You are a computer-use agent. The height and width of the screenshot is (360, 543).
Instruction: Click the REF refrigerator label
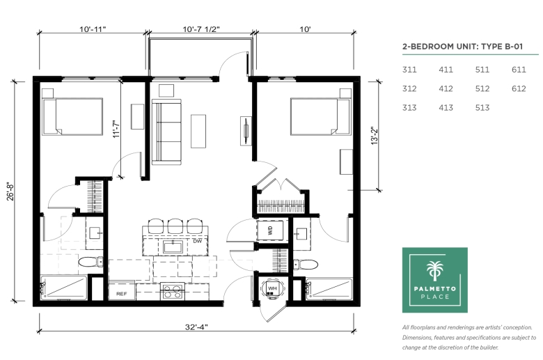pyautogui.click(x=121, y=294)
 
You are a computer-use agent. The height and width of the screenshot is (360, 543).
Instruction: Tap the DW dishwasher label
pyautogui.click(x=198, y=241)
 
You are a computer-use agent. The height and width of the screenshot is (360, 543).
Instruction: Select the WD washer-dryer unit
pyautogui.click(x=270, y=230)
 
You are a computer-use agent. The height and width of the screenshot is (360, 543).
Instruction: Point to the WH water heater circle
pyautogui.click(x=273, y=288)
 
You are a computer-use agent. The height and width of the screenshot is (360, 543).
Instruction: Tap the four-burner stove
pyautogui.click(x=173, y=291)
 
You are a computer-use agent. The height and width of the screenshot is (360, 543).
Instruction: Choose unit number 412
pyautogui.click(x=446, y=88)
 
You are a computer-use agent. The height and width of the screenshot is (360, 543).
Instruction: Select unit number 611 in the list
pyautogui.click(x=519, y=70)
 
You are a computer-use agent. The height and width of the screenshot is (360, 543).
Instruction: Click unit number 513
pyautogui.click(x=482, y=108)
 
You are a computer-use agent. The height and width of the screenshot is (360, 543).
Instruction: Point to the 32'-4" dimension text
pyautogui.click(x=196, y=327)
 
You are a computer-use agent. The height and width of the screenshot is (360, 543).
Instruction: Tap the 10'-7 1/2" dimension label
pyautogui.click(x=201, y=29)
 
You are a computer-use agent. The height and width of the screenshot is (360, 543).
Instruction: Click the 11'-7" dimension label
pyautogui.click(x=116, y=129)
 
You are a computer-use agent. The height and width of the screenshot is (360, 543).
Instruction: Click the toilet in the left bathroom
pyautogui.click(x=90, y=262)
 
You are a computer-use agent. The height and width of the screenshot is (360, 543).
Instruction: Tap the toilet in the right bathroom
pyautogui.click(x=306, y=265)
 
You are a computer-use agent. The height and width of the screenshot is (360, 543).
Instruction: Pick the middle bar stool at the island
pyautogui.click(x=175, y=226)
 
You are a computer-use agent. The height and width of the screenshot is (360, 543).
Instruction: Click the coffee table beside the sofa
pyautogui.click(x=198, y=132)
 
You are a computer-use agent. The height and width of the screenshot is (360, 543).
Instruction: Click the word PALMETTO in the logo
pyautogui.click(x=434, y=288)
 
